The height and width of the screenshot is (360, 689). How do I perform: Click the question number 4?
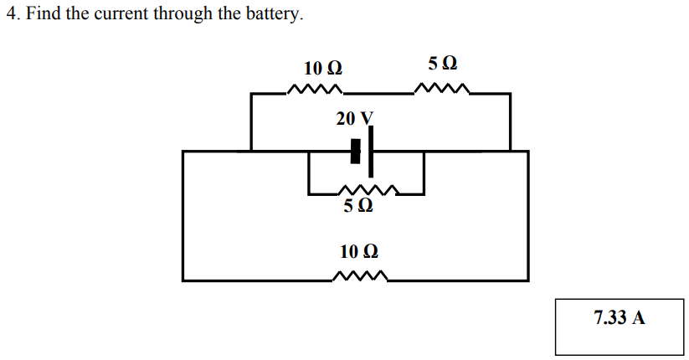click(11, 15)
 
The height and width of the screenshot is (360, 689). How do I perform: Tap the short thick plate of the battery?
click(356, 152)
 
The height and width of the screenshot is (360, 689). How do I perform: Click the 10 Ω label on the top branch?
click(322, 68)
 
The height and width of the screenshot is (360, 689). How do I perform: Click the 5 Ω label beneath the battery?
click(357, 205)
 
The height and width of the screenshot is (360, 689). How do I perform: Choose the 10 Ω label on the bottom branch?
click(358, 251)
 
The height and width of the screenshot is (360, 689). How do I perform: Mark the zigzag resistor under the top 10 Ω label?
click(315, 90)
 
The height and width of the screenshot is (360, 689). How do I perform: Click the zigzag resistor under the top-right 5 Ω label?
click(443, 89)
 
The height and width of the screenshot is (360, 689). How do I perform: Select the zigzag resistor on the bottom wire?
click(360, 277)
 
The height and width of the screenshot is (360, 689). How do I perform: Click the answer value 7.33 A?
click(619, 318)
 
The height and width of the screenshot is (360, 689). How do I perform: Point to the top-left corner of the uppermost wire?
click(252, 95)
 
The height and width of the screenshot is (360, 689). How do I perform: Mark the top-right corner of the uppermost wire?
click(510, 95)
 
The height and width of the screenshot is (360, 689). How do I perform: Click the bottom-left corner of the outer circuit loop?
click(183, 280)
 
